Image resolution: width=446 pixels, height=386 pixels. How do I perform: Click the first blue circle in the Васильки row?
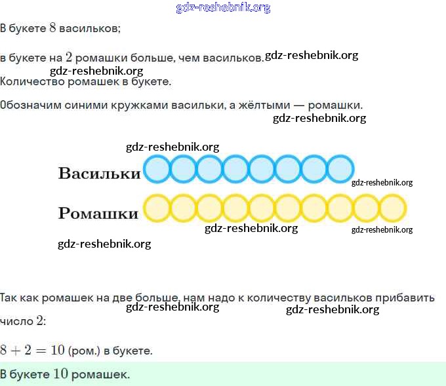[x=157, y=169]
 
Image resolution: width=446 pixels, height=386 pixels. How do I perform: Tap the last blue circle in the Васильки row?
[x=340, y=169]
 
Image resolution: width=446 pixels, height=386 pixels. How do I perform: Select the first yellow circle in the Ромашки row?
[x=157, y=208]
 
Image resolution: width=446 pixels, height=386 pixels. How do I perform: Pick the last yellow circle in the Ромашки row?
[x=393, y=208]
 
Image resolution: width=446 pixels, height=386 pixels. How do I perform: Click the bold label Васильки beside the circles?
[x=99, y=174]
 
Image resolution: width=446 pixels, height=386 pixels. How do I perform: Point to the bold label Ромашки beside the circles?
[x=98, y=214]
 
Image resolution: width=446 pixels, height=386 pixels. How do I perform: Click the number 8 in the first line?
[x=52, y=28]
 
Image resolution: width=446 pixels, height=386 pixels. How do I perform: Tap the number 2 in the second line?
[x=68, y=57]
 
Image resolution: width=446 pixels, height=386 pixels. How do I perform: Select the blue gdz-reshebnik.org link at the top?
[x=223, y=8]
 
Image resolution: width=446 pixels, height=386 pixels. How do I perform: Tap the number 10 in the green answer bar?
[x=61, y=374]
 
